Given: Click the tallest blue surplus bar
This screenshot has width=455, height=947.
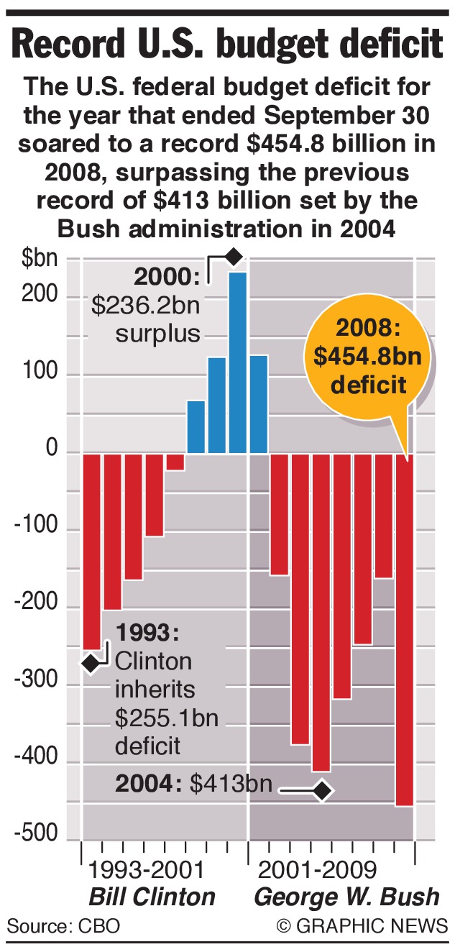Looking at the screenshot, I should tap(238, 362).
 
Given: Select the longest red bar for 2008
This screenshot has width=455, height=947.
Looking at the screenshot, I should tap(405, 633).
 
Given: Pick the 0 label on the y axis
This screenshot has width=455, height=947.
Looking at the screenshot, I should tap(52, 451).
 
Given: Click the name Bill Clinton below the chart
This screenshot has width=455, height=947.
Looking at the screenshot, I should tap(152, 897).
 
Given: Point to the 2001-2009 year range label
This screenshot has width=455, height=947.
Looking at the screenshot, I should tap(317, 870).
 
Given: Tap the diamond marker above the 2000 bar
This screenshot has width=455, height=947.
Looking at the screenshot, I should tap(233, 256).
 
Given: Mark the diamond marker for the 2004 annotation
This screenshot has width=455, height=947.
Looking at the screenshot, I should tap(322, 791).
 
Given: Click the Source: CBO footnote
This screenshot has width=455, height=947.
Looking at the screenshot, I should tap(63, 925).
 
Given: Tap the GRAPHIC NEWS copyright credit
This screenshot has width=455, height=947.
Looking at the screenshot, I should tap(363, 925).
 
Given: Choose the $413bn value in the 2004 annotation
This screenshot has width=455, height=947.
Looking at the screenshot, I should tap(231, 784).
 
